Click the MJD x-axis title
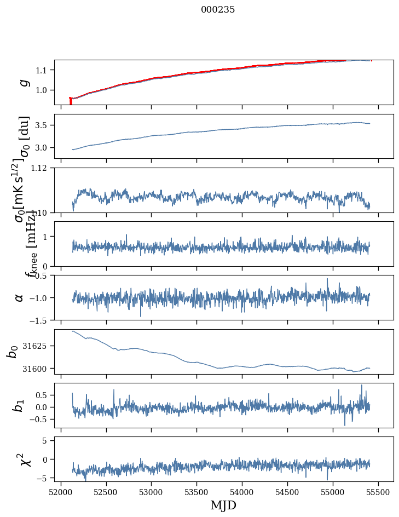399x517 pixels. (x=223, y=505)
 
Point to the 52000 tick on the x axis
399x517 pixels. (x=61, y=491)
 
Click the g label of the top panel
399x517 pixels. (x=22, y=82)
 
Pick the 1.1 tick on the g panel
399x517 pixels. (x=44, y=70)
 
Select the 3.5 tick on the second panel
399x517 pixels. (x=44, y=125)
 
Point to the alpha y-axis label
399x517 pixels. (x=20, y=297)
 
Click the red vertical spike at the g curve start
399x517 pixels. (x=71, y=101)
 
